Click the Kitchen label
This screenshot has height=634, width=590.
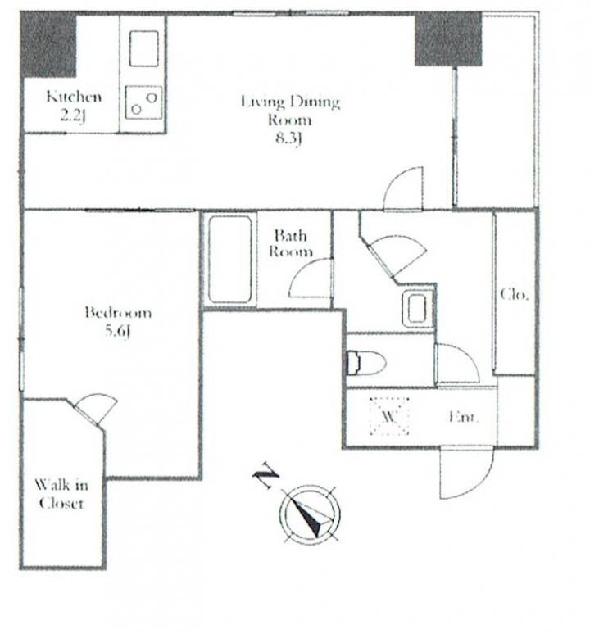coord(74,97)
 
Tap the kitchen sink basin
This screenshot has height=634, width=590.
coord(143,48)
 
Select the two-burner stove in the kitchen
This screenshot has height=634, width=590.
coord(143,102)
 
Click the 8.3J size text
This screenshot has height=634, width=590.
coord(288,139)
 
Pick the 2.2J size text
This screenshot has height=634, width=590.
coord(73,116)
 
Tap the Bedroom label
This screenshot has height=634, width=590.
coord(118,313)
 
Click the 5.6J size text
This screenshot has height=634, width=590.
coord(118,331)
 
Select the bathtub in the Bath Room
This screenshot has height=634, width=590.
coord(229,260)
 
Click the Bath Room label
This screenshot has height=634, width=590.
coord(291,243)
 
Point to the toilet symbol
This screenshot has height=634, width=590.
coord(366,362)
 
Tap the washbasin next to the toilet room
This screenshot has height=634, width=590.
coord(417,310)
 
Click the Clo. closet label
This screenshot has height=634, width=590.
coord(514,294)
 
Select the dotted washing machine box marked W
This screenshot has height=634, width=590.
coord(389,416)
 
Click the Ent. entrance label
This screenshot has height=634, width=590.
coord(464,416)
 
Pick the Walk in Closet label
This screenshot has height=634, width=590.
coord(61,494)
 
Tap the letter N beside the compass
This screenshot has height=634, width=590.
coord(265,475)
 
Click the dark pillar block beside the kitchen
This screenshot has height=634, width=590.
coord(49,44)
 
